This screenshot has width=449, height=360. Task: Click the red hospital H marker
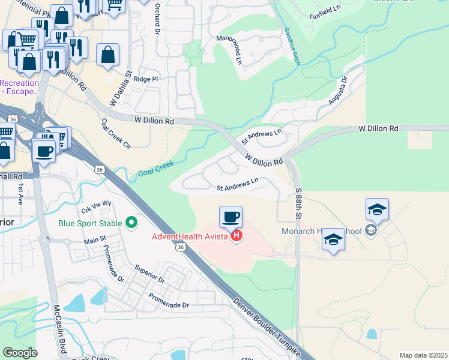click(x=237, y=236)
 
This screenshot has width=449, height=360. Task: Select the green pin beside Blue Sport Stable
click(x=132, y=224)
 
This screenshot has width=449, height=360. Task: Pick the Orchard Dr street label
click(x=157, y=20)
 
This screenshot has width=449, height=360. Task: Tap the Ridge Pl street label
click(x=146, y=79)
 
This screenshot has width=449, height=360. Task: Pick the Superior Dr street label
click(x=149, y=274)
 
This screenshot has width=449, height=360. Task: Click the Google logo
click(x=20, y=353)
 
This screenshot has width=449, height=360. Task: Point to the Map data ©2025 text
click(x=423, y=355)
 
